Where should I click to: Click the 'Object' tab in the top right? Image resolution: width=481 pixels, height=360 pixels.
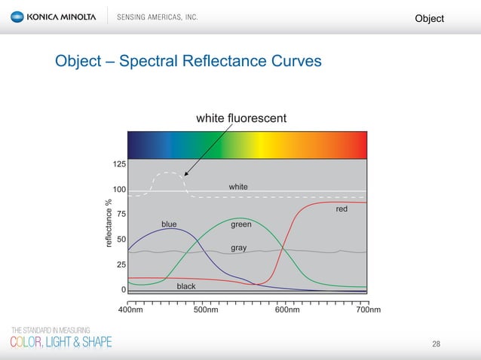pos(430,18)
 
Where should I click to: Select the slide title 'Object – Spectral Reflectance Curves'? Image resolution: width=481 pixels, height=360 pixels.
pos(188,60)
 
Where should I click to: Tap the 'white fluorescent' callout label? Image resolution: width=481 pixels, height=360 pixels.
pos(240,118)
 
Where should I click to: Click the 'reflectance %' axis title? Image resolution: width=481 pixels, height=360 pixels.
pos(109,224)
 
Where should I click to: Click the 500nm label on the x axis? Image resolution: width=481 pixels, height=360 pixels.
pos(207,310)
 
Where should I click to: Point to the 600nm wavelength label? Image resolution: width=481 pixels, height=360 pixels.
pos(287,310)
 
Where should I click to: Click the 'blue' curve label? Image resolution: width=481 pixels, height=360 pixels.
pos(169,224)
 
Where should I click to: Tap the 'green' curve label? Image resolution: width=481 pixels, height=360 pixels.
pos(240,224)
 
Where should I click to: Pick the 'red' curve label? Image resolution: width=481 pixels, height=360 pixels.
pos(342,209)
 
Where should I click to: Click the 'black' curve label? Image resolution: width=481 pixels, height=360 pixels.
pos(185,286)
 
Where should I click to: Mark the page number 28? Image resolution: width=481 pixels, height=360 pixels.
pos(436,344)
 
